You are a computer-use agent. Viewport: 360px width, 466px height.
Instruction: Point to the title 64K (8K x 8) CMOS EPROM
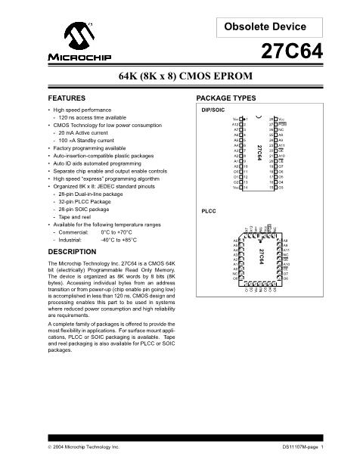(179, 79)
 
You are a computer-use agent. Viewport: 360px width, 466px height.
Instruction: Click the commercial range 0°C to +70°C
(117, 232)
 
